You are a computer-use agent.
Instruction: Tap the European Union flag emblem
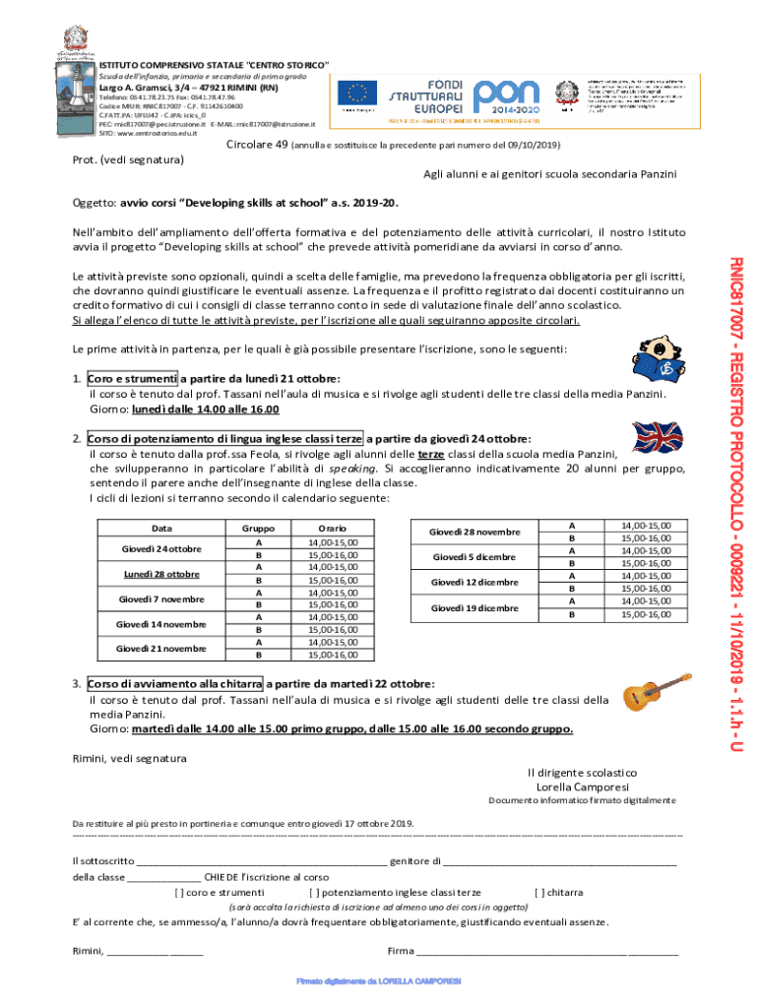coord(356,94)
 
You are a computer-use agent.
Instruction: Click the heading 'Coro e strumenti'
coord(132,378)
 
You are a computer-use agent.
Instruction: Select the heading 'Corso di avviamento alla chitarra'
coord(174,684)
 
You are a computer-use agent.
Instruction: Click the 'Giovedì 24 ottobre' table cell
coord(161,548)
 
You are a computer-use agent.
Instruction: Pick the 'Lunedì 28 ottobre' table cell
coord(161,574)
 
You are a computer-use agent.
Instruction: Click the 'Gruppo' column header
coord(259,529)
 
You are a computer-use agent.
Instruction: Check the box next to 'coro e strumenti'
coord(178,893)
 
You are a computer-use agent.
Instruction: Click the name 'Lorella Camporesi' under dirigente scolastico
coord(582,787)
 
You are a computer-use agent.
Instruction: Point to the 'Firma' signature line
coord(546,950)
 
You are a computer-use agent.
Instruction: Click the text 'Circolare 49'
coord(258,145)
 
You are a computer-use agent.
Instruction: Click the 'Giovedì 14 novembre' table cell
coord(161,624)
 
